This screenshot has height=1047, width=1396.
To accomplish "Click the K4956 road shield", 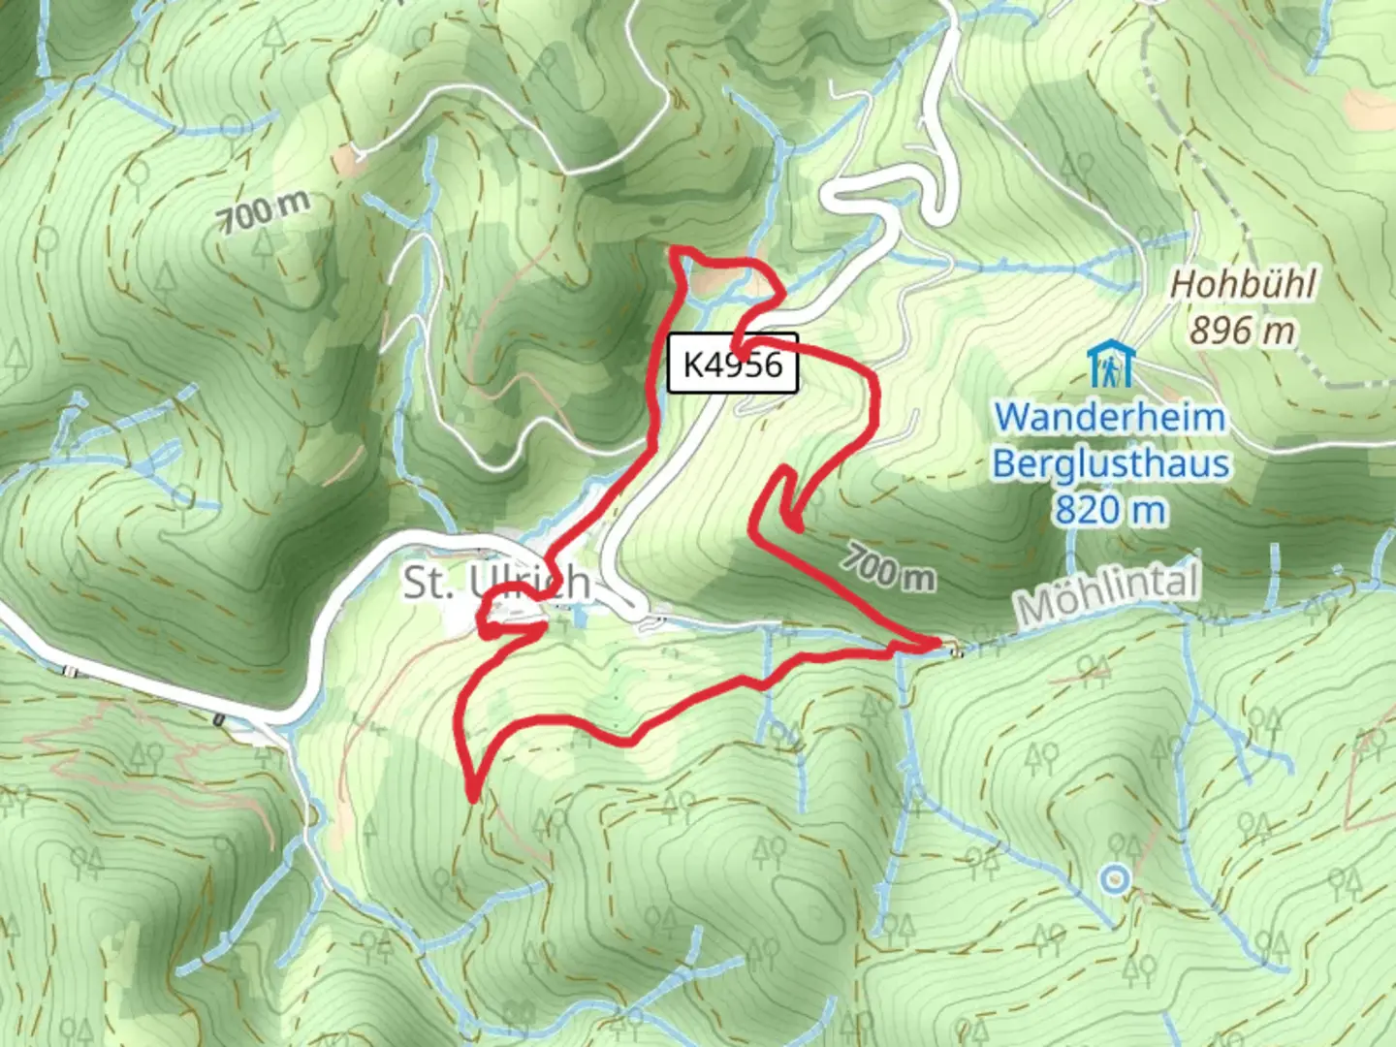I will point(733,364).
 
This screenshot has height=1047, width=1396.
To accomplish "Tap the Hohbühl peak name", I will point(1243,285).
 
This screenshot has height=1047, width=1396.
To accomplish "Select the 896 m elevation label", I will point(1242,331).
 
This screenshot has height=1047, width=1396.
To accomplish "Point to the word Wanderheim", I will point(1110,418).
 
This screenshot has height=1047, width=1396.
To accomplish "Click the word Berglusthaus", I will point(1111,463).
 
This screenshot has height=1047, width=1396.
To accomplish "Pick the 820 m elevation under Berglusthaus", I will point(1110,509).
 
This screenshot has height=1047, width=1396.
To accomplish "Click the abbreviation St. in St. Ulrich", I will point(428,583).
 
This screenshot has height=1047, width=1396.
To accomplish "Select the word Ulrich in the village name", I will point(529,582).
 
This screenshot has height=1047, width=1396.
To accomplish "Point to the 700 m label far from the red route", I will point(264,210).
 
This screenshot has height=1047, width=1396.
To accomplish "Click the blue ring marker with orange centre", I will point(1116,879).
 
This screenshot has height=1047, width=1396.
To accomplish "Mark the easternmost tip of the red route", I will point(938,642).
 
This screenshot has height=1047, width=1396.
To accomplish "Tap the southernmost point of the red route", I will point(472,798).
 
